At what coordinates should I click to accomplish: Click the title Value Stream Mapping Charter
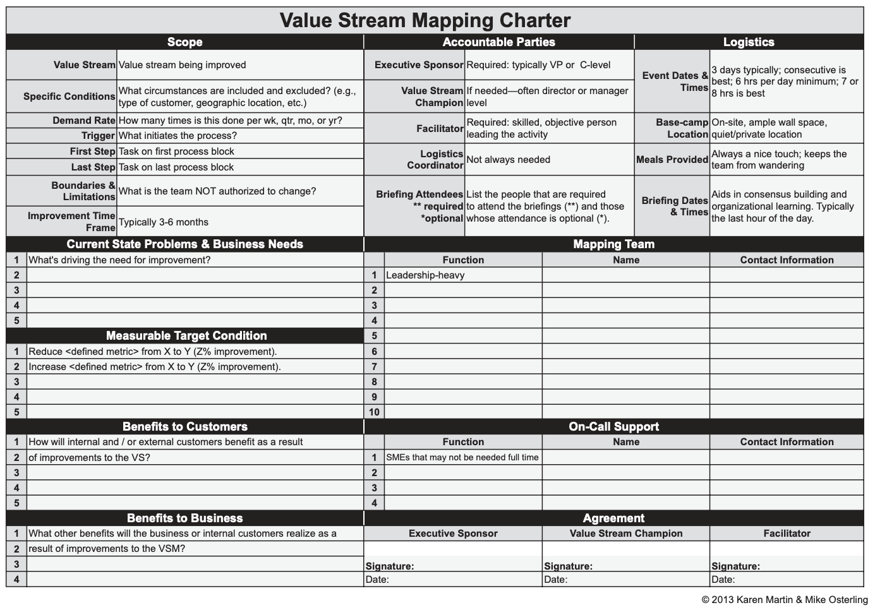coord(425,20)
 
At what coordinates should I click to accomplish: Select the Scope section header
coord(184,42)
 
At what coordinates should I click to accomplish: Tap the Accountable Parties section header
coord(498,42)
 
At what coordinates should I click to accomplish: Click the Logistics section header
coord(748,42)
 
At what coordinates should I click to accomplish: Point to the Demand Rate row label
coord(84,121)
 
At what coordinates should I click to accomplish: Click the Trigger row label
coord(98,136)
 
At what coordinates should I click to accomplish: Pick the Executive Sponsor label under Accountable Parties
coord(419,65)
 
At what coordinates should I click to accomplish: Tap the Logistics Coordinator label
coord(435,160)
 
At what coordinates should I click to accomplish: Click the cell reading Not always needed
coord(508,160)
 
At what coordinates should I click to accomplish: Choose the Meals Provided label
coord(672,160)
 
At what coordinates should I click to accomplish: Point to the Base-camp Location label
coord(682,128)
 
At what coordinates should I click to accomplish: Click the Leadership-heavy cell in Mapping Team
coord(425,275)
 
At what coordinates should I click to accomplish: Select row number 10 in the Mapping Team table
coord(374,412)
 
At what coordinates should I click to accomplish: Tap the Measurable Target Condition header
coord(186,336)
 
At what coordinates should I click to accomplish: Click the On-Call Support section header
coord(613,427)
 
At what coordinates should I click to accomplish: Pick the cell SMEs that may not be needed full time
coord(462,457)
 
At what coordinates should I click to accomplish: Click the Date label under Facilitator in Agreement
coord(723,580)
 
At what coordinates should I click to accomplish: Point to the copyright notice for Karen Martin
coord(784,600)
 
